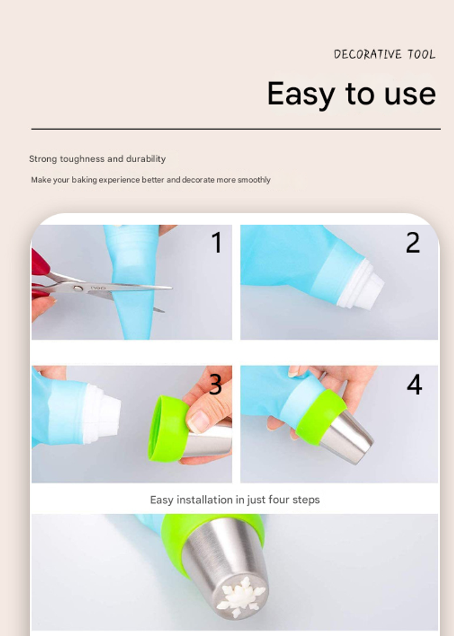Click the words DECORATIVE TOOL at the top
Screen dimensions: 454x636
(x=384, y=54)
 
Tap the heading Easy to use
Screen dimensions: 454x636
(x=351, y=94)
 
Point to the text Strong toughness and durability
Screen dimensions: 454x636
(x=98, y=159)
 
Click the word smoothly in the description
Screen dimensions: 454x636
(x=254, y=180)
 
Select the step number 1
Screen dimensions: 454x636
(x=217, y=243)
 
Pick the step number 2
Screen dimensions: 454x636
(x=413, y=243)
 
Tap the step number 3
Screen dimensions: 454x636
(x=215, y=384)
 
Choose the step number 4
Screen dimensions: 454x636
(x=414, y=384)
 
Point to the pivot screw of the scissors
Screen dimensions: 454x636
(x=77, y=288)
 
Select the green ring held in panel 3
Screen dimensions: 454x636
(x=167, y=429)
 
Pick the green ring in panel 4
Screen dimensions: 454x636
(x=321, y=418)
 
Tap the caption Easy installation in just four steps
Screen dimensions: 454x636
(x=235, y=500)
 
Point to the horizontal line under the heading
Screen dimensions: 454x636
(x=236, y=129)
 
